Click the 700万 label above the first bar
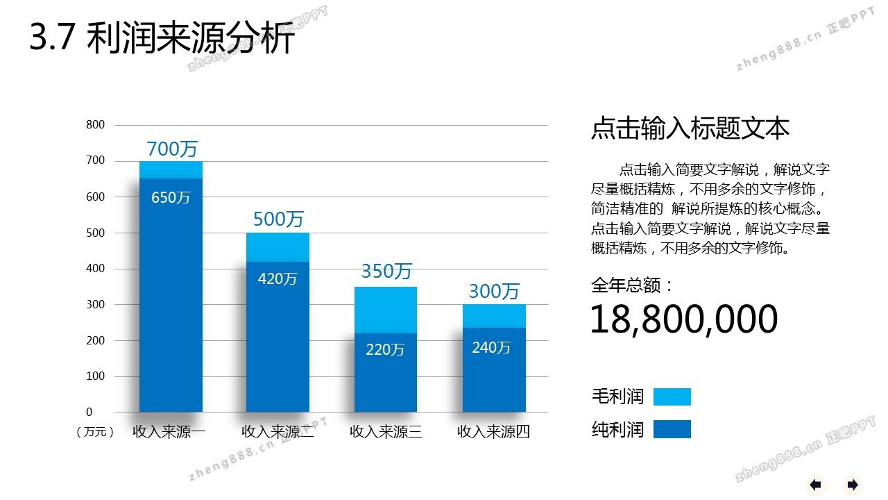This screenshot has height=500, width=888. coord(172,149)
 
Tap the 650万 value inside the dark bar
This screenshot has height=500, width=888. coord(171,197)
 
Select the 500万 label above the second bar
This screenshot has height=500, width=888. coord(278,219)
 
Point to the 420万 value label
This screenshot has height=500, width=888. coord(277,279)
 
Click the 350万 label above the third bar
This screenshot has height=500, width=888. coord(386,271)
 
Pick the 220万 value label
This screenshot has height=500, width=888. coord(385,350)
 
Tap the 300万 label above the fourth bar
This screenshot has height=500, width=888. coord(494,291)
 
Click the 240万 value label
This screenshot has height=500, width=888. coord(491,348)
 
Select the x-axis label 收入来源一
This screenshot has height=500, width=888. coord(169,432)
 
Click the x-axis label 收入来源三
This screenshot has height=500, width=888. coord(386,432)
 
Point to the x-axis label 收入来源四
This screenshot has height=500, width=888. coord(494,432)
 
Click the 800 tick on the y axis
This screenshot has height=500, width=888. coord(96,125)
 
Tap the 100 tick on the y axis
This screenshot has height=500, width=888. coord(96,376)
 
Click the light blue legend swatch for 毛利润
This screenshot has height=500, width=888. coord(672,397)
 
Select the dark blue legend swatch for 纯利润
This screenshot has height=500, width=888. coord(672,429)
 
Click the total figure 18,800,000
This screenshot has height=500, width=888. coord(684,319)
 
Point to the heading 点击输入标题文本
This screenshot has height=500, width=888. coord(690,129)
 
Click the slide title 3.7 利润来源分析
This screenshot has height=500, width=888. coord(162,39)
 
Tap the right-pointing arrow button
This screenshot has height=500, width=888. coord(853,484)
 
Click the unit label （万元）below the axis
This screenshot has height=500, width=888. coord(95,432)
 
